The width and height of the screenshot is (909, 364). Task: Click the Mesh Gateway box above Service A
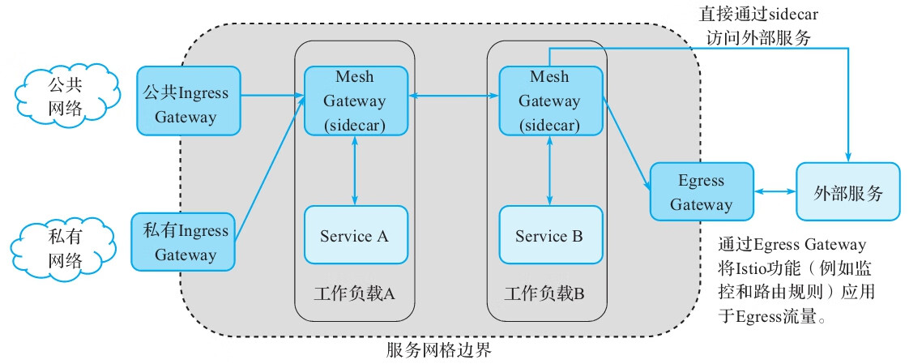[355, 101]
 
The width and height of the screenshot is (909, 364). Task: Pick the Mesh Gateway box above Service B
[550, 101]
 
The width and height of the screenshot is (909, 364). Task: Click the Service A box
[355, 236]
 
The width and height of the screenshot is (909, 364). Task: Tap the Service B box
[550, 236]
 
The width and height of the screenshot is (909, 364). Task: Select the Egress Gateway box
[702, 192]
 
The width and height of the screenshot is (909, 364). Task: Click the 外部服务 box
[847, 192]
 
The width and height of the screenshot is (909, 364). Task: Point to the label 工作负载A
[354, 293]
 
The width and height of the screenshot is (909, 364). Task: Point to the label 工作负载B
[544, 293]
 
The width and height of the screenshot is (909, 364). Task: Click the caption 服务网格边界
[438, 351]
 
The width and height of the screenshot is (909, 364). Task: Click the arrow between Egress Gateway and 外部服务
[775, 192]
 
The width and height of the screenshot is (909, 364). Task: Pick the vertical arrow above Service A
[355, 170]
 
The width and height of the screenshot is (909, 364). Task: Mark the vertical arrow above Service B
[550, 170]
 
